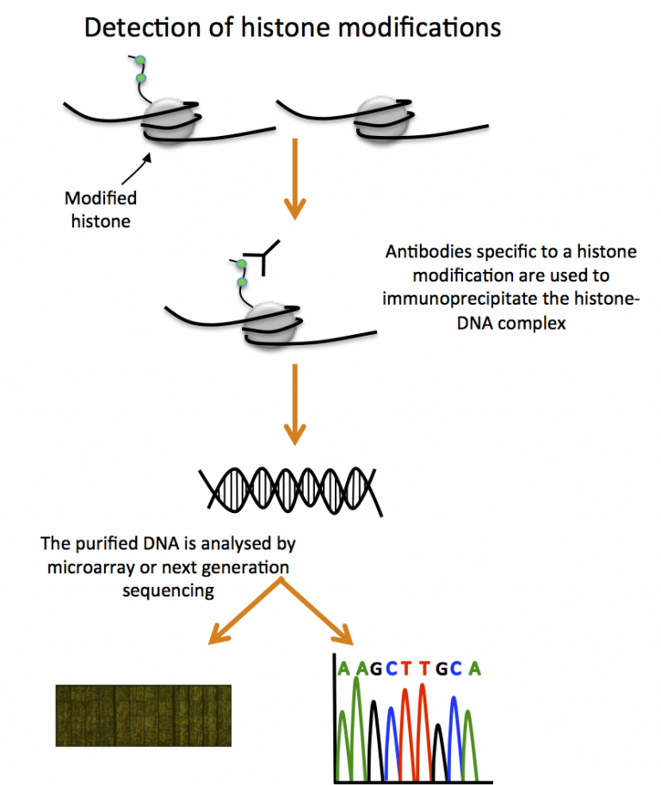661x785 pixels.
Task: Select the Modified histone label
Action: tap(101, 208)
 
